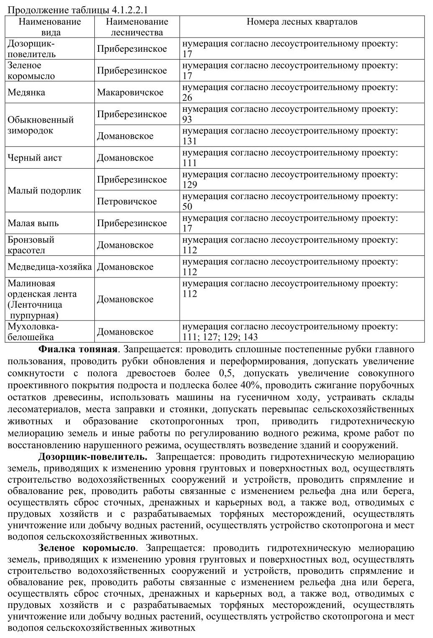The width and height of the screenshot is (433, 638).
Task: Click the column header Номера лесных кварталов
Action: pyautogui.click(x=301, y=22)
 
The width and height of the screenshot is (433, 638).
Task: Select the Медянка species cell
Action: pyautogui.click(x=26, y=92)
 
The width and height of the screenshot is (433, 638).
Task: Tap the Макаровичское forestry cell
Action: pyautogui.click(x=130, y=92)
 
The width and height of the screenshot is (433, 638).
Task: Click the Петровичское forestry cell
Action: pyautogui.click(x=127, y=202)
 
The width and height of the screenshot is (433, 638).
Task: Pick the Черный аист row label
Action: pyautogui.click(x=35, y=158)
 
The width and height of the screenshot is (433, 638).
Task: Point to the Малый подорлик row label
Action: pyautogui.click(x=44, y=191)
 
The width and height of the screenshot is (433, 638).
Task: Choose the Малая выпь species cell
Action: pyautogui.click(x=33, y=223)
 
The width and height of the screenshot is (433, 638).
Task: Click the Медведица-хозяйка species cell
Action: pyautogui.click(x=49, y=267)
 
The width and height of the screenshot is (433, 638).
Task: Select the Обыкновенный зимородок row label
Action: pyautogui.click(x=41, y=125)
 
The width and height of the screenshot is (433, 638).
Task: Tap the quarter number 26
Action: pyautogui.click(x=187, y=98)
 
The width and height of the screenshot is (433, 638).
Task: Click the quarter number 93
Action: pyautogui.click(x=187, y=119)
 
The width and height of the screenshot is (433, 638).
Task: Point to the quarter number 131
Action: pyautogui.click(x=190, y=141)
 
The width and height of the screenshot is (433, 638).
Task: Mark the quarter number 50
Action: pyautogui.click(x=187, y=207)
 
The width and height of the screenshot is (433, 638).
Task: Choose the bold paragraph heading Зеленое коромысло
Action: pyautogui.click(x=87, y=548)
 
